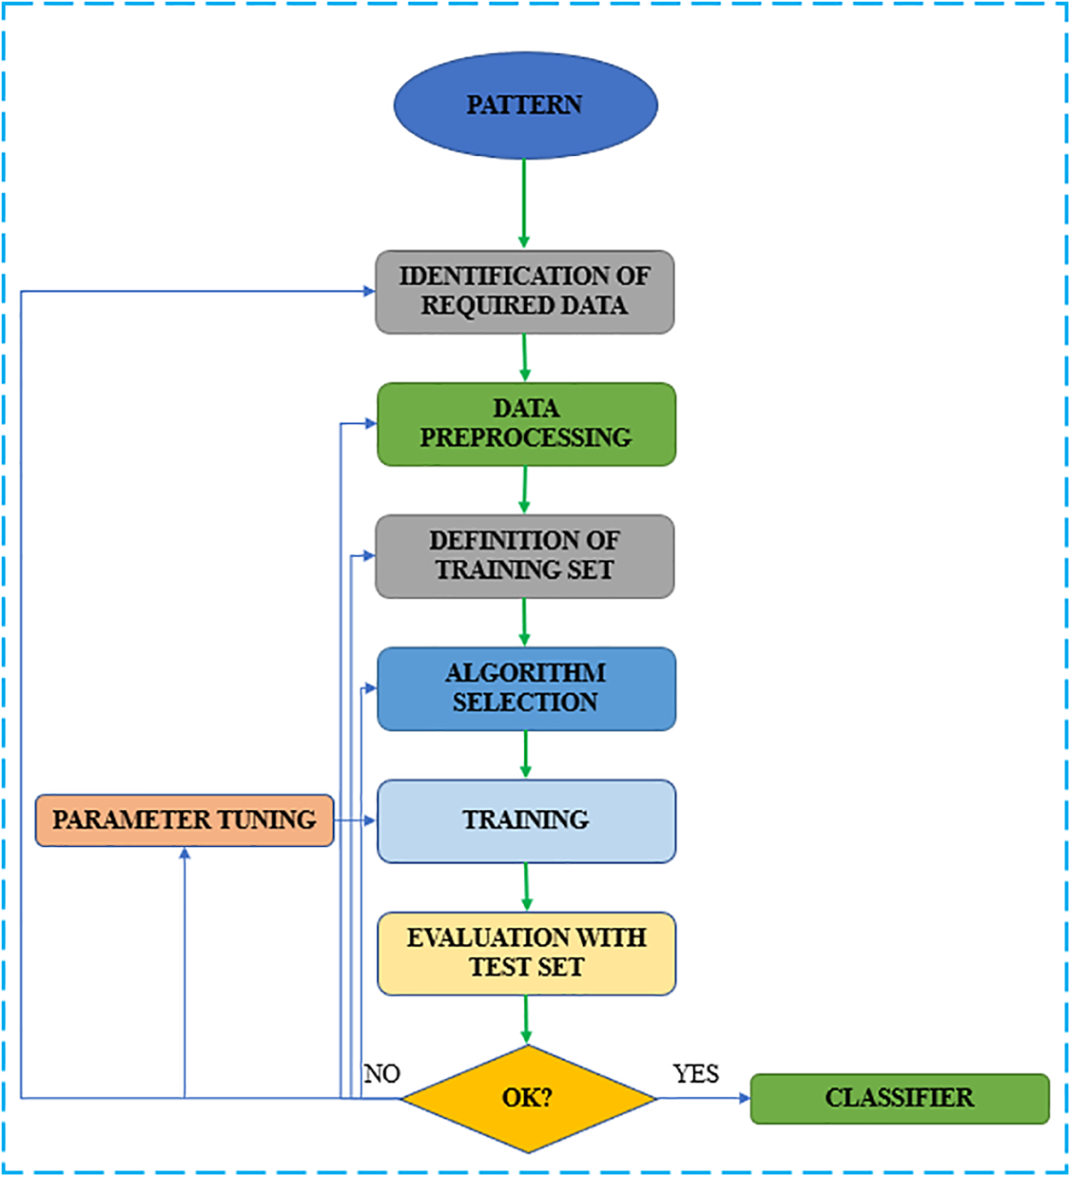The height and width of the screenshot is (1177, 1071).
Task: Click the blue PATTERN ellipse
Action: pos(525,105)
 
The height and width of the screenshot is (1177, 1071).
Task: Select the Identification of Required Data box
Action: pos(525,292)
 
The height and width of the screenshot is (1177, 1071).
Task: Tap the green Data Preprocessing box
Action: pos(526,424)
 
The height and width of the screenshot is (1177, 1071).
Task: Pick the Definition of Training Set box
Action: pos(525,556)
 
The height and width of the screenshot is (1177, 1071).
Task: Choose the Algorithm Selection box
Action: pos(526,688)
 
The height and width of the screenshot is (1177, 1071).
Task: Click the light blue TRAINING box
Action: pos(526,820)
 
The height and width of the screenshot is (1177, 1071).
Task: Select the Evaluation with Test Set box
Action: pos(526,953)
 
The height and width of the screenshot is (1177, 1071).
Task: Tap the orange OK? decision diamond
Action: pos(527,1098)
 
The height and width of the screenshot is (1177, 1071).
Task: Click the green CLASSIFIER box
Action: pos(899,1099)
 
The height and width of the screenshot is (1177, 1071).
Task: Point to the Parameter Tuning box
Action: pos(184,820)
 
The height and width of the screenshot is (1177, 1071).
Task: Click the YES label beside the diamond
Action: pos(696,1074)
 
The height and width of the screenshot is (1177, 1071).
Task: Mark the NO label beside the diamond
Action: pos(381,1074)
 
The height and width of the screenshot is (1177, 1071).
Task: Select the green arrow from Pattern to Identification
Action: pos(524,204)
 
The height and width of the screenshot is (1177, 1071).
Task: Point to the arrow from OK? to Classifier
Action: pos(704,1099)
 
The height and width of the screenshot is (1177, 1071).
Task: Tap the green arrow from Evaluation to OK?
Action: pos(526,1020)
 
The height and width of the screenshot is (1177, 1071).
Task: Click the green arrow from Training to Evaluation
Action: pos(526,887)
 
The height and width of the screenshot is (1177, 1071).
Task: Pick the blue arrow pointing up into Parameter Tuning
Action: pos(184,972)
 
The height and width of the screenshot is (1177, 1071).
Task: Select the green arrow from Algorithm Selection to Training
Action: pos(526,755)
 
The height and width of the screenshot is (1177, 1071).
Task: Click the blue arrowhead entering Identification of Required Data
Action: pos(369,292)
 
